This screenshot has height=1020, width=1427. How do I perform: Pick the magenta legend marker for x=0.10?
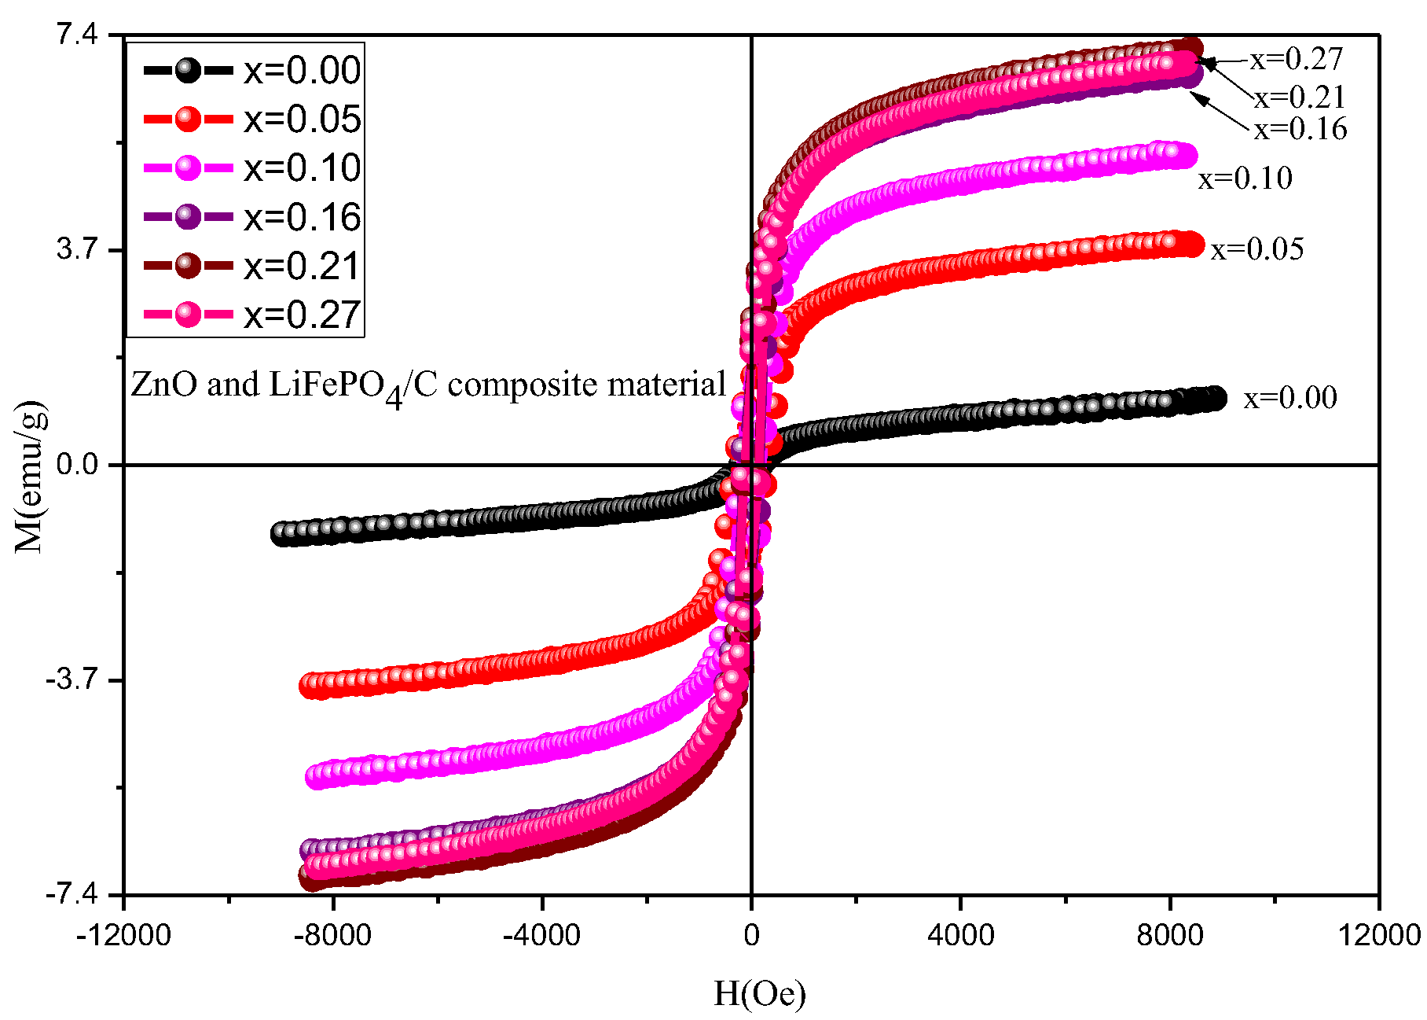pyautogui.click(x=189, y=168)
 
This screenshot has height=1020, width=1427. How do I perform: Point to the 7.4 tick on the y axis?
pyautogui.click(x=77, y=35)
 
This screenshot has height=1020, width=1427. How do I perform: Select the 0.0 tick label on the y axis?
pyautogui.click(x=77, y=465)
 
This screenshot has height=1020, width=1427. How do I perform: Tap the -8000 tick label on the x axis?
pyautogui.click(x=333, y=935)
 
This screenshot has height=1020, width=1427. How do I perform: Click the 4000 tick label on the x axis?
pyautogui.click(x=960, y=935)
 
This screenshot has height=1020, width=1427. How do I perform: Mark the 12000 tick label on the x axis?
pyautogui.click(x=1380, y=935)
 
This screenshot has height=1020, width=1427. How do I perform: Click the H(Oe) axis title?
pyautogui.click(x=759, y=994)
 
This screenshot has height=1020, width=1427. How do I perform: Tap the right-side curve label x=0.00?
pyautogui.click(x=1289, y=398)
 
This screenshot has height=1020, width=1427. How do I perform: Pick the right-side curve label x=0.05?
pyautogui.click(x=1256, y=249)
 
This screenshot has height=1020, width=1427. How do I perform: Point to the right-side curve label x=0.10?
pyautogui.click(x=1245, y=179)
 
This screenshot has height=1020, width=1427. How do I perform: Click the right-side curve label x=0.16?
pyautogui.click(x=1300, y=129)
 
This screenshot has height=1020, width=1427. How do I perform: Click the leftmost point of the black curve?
pyautogui.click(x=280, y=534)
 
